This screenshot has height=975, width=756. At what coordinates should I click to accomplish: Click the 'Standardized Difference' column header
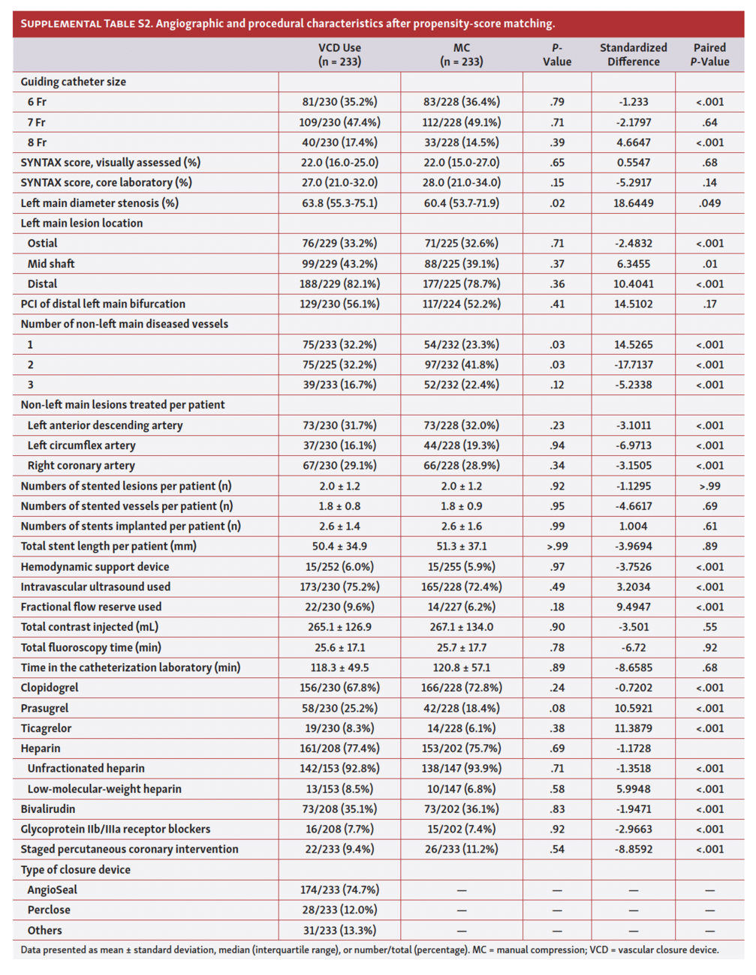[633, 55]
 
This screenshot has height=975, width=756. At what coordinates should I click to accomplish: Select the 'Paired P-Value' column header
[709, 55]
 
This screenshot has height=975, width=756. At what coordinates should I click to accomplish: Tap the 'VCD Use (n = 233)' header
[339, 55]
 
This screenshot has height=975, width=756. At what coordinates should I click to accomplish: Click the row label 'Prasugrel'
[44, 708]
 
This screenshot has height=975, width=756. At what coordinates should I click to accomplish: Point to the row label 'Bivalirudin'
[48, 809]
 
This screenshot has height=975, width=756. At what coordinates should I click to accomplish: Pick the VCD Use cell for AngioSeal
[339, 890]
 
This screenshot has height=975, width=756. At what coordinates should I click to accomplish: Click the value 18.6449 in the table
[633, 203]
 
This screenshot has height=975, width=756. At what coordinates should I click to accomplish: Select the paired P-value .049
[709, 203]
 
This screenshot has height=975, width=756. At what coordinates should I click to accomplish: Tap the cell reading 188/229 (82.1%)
[339, 284]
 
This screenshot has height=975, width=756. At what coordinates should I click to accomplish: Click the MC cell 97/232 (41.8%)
[461, 364]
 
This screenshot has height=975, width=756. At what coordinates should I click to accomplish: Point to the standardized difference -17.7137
[633, 364]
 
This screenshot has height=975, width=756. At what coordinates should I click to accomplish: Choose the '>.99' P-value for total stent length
[556, 547]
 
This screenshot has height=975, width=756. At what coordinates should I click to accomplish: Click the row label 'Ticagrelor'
[47, 728]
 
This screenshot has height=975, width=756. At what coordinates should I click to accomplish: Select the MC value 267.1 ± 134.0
[461, 627]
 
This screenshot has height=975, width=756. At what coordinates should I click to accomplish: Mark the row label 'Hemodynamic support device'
[95, 567]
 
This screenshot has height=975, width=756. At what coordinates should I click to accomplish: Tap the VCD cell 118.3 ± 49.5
[339, 667]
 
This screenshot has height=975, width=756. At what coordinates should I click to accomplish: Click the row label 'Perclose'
[49, 910]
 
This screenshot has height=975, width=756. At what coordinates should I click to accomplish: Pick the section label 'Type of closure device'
[75, 870]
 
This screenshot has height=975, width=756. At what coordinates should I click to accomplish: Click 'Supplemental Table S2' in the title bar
[86, 23]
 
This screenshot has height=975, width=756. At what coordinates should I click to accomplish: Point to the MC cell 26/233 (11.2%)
[461, 850]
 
